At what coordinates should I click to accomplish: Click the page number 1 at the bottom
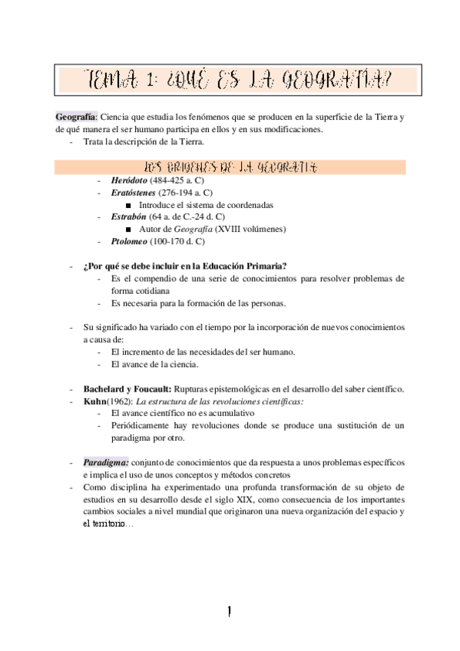[229, 611]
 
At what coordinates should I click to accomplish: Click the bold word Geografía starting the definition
[75, 117]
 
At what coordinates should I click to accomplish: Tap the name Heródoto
[129, 180]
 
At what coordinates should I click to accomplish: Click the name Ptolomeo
[129, 241]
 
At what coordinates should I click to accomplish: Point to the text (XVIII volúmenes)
[250, 229]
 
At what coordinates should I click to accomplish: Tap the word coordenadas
[252, 205]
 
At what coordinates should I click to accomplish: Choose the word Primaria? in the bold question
[264, 266]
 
